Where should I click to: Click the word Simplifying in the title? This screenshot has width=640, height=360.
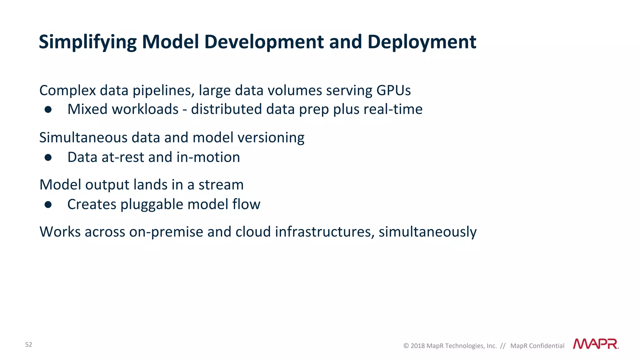point(88,42)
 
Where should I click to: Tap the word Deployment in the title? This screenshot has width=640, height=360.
point(422,42)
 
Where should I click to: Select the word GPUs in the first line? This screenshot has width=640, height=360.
point(393,91)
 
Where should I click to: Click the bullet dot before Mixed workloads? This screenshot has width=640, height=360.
point(48,109)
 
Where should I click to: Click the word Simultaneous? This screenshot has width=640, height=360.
point(83,138)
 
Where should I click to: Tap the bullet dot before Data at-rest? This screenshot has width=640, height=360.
point(48,157)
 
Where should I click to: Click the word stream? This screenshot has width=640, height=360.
point(221,185)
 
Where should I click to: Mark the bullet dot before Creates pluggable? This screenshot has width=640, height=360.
point(48,205)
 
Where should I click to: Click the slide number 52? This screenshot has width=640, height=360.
point(28,345)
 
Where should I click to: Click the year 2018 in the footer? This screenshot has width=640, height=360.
point(417,346)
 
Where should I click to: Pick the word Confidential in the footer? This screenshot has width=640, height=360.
point(547,346)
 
